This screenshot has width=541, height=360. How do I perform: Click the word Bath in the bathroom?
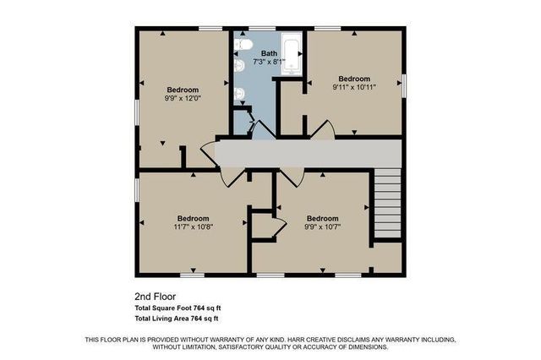click(269, 54)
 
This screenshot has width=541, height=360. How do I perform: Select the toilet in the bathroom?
click(242, 45)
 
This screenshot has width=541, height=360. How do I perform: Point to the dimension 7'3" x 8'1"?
click(269, 62)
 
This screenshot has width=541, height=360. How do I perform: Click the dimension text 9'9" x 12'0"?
click(183, 98)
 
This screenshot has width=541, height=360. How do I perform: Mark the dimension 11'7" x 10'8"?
click(194, 226)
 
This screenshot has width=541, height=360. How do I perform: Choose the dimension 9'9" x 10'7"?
click(321, 226)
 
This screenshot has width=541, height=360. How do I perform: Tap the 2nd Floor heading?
click(154, 297)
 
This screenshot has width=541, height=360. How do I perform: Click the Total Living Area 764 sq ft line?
click(177, 319)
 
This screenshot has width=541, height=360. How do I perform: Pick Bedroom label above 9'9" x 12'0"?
click(183, 90)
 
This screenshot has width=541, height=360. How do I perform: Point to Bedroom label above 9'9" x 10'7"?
click(322, 217)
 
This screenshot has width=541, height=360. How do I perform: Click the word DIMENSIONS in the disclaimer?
click(365, 346)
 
